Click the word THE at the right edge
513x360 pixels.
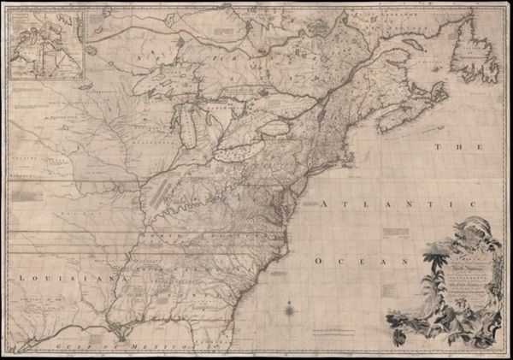point(450,148)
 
